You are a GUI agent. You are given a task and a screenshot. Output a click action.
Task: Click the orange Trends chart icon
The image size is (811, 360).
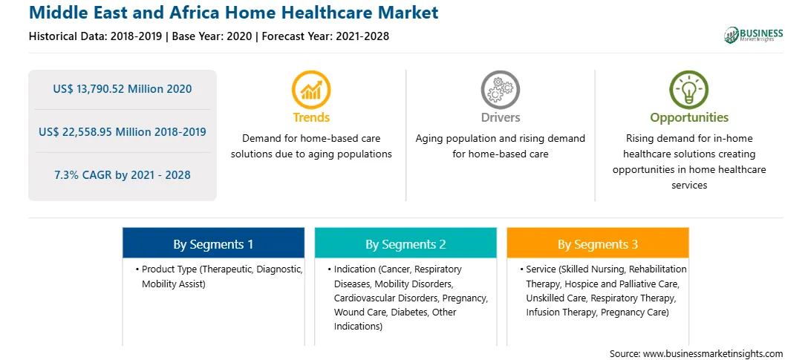(311, 90)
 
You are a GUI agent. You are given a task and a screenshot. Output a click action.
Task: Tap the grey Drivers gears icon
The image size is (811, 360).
(500, 90)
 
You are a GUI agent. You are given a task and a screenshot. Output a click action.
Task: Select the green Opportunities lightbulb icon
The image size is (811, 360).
(689, 90)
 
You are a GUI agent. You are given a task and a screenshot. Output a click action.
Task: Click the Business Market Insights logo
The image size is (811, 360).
(753, 35)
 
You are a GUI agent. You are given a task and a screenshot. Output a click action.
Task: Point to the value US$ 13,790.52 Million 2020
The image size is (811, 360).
(122, 89)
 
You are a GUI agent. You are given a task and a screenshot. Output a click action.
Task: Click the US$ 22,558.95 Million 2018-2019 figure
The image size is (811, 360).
(122, 132)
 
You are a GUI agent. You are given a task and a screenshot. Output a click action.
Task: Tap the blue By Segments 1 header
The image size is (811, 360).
(213, 243)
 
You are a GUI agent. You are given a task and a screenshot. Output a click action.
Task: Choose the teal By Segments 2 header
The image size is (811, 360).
(405, 243)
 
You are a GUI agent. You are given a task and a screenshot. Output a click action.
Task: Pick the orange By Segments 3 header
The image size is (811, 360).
(598, 243)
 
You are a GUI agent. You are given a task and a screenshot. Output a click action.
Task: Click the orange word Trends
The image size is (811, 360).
(311, 117)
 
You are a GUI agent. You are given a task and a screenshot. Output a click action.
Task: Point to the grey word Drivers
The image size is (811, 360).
(501, 117)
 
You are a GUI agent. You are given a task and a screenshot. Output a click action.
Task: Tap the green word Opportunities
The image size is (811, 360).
(689, 118)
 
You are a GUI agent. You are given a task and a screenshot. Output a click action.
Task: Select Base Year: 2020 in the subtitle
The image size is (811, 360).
(212, 36)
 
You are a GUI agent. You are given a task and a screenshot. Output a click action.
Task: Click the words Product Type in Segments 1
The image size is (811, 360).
(169, 269)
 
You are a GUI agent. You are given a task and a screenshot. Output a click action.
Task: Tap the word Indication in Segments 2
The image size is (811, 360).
(355, 269)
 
